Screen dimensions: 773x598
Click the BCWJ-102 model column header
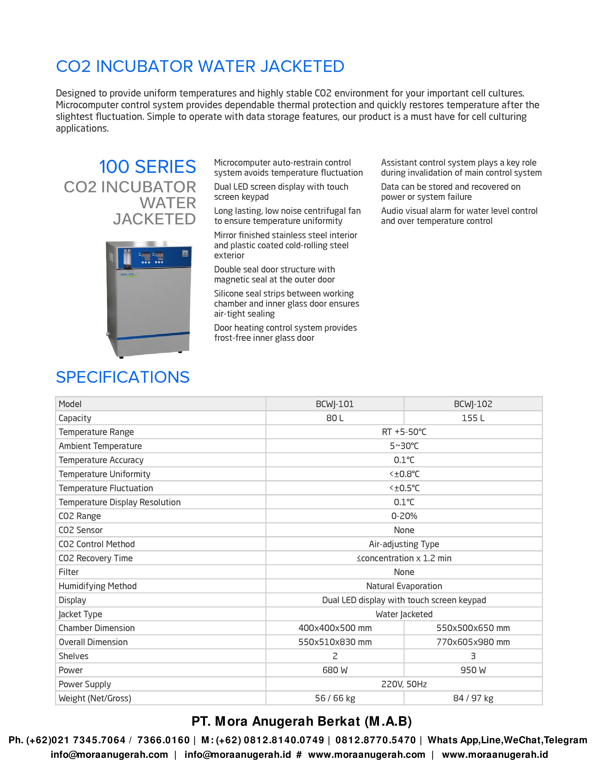coord(473,404)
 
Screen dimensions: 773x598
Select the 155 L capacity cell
coord(473,418)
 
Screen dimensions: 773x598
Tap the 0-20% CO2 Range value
coord(404,516)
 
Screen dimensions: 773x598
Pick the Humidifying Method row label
coord(97,586)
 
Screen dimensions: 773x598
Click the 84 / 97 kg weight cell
coord(473,698)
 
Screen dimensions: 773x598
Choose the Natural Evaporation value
coord(404,586)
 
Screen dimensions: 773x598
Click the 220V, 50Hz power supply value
coord(404,684)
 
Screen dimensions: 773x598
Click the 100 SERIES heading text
coord(147,167)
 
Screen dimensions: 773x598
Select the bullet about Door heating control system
coord(285,333)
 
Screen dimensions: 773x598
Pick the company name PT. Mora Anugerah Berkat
coord(302,721)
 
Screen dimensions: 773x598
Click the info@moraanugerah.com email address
coord(109,754)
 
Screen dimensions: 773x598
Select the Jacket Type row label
coord(80,614)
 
